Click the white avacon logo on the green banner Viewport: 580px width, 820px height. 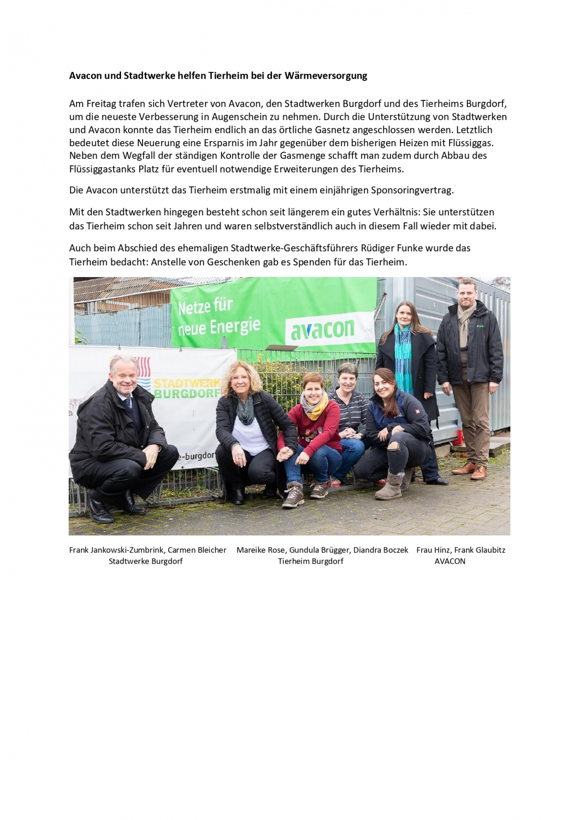point(323,329)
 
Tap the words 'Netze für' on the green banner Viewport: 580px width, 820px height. point(205,307)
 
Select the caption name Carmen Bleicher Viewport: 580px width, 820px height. point(197,550)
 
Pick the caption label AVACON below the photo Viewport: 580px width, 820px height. point(450,561)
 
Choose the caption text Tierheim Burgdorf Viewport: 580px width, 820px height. point(311,561)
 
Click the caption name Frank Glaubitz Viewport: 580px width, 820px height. point(480,550)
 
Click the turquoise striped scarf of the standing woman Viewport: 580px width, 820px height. point(404,356)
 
